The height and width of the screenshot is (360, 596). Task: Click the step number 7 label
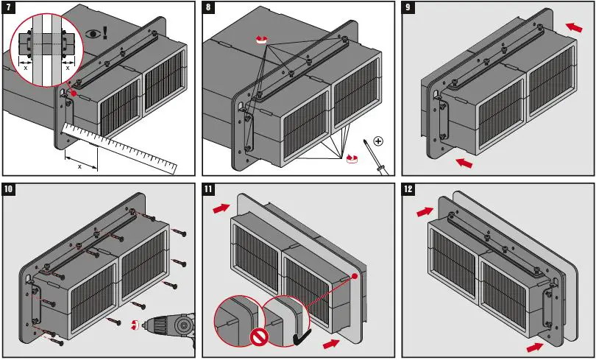pos(8,8)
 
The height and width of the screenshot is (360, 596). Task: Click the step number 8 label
pos(209,8)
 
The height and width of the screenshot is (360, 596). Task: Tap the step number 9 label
pos(409,8)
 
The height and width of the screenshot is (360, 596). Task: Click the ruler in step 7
pos(121,148)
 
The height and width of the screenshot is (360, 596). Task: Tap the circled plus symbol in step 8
pos(378,141)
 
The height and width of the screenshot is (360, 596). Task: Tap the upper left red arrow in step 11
pos(221,210)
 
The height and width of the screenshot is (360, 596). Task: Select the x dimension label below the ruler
pos(79,166)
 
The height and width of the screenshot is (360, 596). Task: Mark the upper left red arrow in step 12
pos(424,212)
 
